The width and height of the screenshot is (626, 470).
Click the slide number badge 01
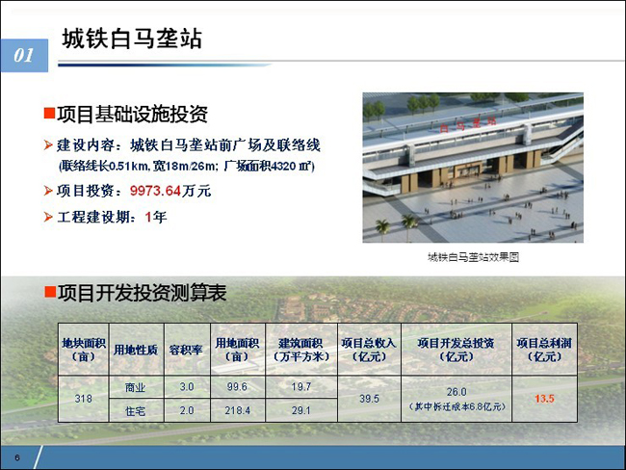click(24, 56)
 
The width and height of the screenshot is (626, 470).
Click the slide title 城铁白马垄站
click(132, 39)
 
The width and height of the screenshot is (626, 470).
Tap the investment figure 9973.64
click(156, 191)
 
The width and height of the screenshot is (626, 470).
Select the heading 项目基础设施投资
click(132, 114)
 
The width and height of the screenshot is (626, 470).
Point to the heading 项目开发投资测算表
click(143, 293)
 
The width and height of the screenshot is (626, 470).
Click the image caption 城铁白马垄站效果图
click(473, 257)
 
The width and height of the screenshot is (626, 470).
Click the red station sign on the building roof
click(468, 124)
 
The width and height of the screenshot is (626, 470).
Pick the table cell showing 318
click(84, 398)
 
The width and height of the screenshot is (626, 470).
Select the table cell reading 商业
click(136, 387)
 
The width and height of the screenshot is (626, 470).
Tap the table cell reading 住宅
click(136, 410)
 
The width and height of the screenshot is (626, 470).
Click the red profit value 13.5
click(544, 399)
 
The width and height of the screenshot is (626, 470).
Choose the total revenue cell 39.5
click(369, 399)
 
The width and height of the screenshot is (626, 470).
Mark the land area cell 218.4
click(238, 410)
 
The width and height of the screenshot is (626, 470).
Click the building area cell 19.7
click(301, 386)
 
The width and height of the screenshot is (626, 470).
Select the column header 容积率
click(187, 350)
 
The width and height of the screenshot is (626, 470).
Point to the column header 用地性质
click(136, 350)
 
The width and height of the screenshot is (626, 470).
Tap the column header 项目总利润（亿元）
click(544, 350)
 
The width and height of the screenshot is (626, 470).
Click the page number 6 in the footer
click(17, 457)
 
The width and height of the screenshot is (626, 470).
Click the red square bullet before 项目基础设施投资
click(49, 114)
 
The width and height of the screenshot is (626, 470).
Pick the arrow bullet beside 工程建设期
click(48, 218)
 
